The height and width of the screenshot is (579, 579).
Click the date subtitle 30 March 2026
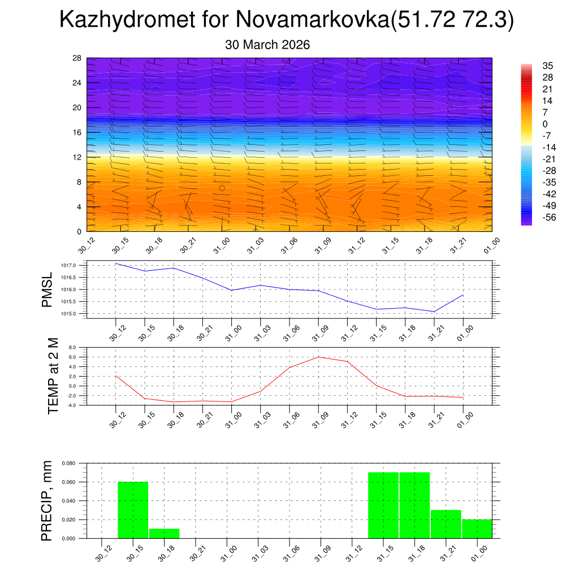[267, 45]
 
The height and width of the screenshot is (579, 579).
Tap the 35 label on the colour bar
[547, 66]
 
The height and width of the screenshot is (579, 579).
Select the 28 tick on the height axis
[77, 58]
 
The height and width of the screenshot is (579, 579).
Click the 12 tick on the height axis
[77, 157]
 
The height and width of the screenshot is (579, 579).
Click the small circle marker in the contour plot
[222, 188]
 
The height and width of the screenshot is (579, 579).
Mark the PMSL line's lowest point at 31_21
[434, 312]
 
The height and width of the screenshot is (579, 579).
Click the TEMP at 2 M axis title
[53, 376]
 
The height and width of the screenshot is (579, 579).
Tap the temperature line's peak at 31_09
[318, 357]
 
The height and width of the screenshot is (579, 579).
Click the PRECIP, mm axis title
[47, 500]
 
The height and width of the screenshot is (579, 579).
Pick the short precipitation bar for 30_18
[164, 533]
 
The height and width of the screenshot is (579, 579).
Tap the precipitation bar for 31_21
[446, 524]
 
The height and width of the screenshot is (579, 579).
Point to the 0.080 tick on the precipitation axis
[69, 463]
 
